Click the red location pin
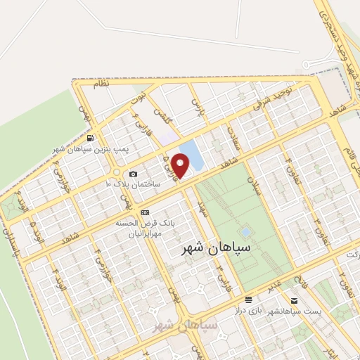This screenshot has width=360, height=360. [181, 165]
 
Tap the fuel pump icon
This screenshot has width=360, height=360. [90, 138]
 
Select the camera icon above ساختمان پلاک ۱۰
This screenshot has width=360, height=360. [133, 174]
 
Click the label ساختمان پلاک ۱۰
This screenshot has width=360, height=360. [133, 184]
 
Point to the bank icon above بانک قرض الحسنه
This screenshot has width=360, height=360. [146, 212]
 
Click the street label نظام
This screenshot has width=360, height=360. [103, 84]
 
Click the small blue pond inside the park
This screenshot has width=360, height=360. [245, 231]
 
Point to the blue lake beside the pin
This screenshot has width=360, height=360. [191, 155]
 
